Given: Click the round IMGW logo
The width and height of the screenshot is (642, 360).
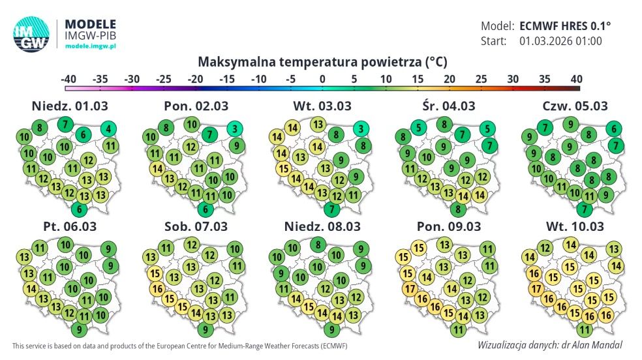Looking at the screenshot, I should coord(31,34).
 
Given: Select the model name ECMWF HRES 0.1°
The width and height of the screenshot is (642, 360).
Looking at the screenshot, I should coord(566,27).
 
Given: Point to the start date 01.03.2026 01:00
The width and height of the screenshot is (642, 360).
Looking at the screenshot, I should coord(560,41).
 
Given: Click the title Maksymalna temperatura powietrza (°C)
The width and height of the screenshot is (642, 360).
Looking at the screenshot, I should coord(322,62).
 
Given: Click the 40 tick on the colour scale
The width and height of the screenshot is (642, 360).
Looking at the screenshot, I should coord(576,78).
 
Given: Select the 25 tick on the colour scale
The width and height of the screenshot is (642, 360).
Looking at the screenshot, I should coord(481,78).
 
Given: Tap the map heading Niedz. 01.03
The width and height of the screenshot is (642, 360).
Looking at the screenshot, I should coord(70,106).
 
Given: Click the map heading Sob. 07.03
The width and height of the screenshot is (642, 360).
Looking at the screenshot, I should coord(196,227).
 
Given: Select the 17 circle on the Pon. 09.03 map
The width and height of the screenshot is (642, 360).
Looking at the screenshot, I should coord(409,289).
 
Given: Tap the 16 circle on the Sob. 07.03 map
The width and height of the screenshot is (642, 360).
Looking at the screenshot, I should coord(157,289).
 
